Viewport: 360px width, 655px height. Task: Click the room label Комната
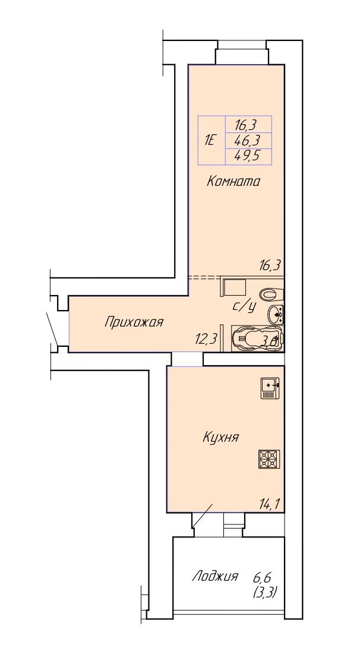coord(233,182)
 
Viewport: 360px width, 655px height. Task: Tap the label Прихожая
coord(134,322)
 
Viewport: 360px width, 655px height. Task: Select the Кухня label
coord(221,438)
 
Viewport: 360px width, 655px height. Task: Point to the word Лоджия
coord(215,577)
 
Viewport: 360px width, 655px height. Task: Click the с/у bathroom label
coord(244,306)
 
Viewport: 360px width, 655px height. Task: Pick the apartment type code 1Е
coord(209,140)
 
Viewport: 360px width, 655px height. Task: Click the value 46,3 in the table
coord(248,140)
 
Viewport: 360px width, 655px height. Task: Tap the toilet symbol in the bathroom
coord(271,295)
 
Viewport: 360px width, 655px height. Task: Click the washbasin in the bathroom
coord(276,314)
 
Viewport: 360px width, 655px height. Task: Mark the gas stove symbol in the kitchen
coord(269,460)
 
